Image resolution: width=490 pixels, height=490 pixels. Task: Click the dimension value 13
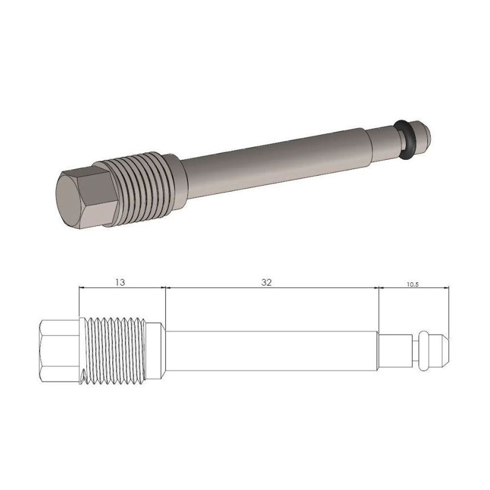[121, 283]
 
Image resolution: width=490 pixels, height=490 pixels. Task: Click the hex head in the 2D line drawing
[58, 351]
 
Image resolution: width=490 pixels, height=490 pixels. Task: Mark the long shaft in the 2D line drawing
[272, 351]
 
